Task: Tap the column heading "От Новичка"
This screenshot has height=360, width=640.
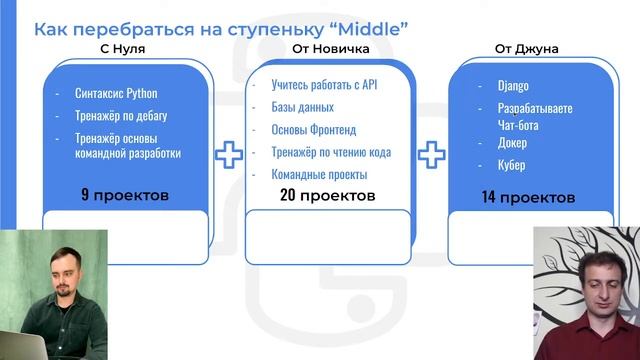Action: pos(331,48)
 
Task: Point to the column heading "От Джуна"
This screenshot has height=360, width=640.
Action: pos(526,48)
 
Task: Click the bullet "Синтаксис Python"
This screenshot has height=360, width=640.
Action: pos(116,93)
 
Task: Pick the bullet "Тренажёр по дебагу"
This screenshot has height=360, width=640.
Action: pos(123,116)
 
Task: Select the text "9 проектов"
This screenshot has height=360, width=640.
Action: pos(125,193)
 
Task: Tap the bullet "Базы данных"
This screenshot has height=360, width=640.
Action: pos(302,107)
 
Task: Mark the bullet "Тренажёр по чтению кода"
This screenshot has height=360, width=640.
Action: pos(331,152)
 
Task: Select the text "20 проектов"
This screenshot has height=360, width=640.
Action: pos(329,195)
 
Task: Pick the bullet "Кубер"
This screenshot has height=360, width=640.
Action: pos(511,165)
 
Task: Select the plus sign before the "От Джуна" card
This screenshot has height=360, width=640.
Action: pos(431,154)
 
